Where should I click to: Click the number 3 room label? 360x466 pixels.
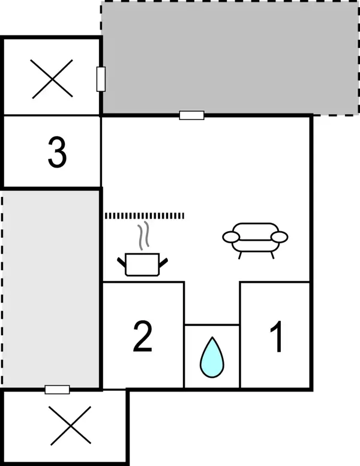(58, 152)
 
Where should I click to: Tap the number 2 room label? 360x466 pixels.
(143, 336)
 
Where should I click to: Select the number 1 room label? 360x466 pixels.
(277, 336)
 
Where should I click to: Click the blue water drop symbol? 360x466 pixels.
(212, 357)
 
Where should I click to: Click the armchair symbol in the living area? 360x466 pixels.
(255, 240)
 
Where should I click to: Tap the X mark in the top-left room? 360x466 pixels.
(52, 79)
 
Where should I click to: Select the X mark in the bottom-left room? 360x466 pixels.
(70, 426)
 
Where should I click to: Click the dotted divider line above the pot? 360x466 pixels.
(145, 216)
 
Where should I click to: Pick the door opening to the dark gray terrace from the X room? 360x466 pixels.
(101, 79)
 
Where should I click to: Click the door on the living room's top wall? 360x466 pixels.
(192, 115)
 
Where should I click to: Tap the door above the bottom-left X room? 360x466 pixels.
(58, 389)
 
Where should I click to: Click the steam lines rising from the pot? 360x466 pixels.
(143, 235)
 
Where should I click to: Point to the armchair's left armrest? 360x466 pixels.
(231, 237)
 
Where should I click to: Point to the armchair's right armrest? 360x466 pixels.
(280, 237)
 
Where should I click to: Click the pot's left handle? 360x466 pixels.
(121, 262)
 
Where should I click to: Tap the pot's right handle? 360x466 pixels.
(163, 262)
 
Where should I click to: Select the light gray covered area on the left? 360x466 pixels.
(51, 289)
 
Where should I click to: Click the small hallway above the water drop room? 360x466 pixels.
(212, 303)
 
